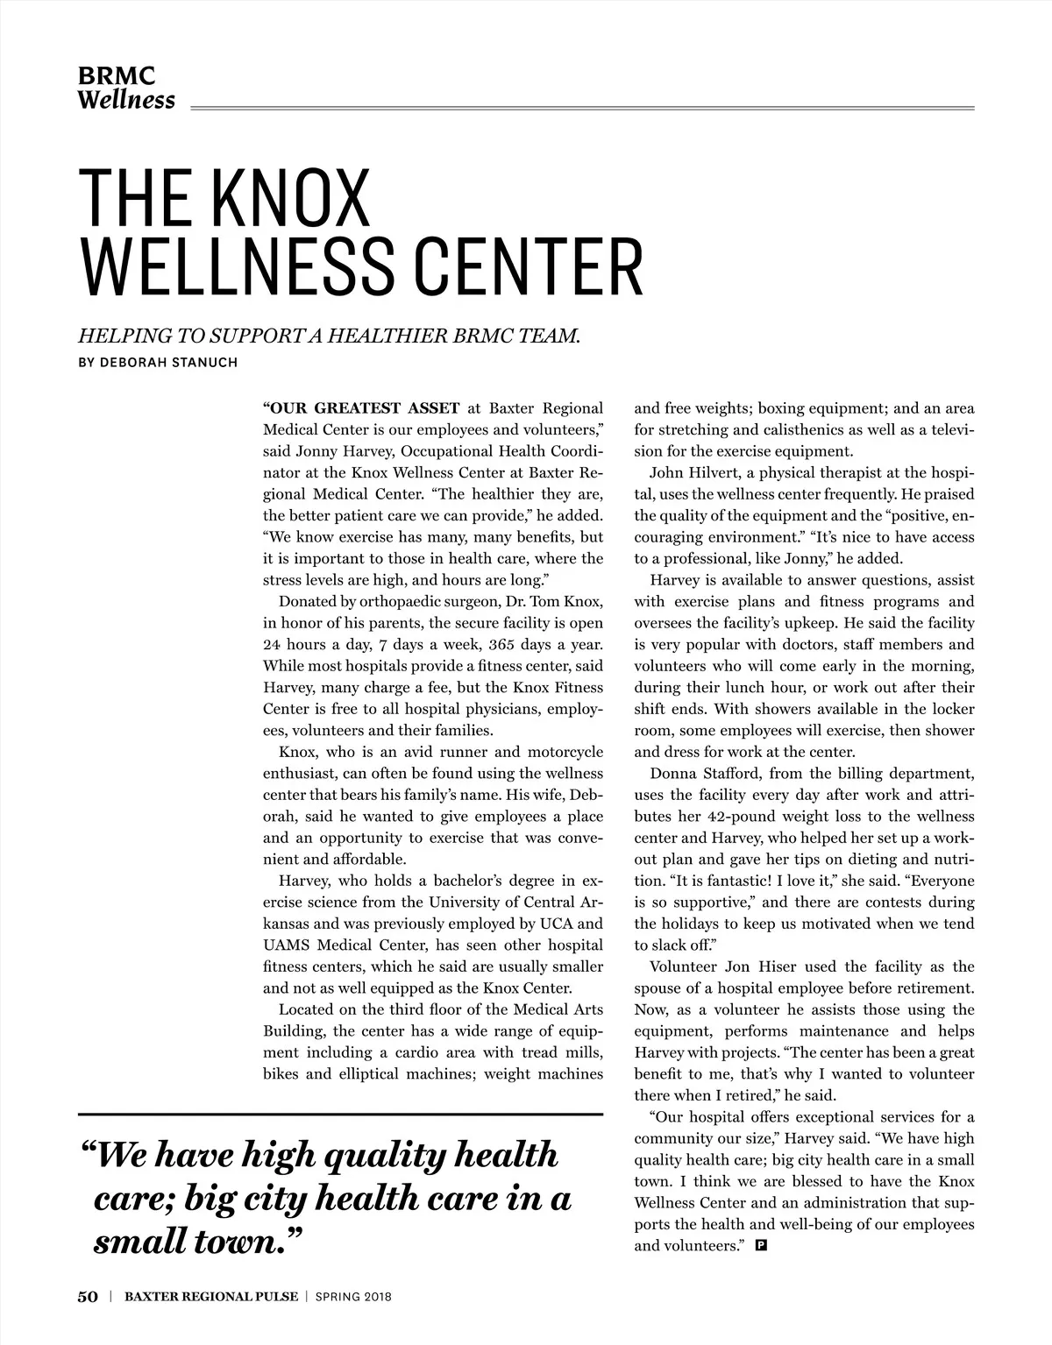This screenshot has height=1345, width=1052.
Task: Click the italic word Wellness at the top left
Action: click(x=126, y=100)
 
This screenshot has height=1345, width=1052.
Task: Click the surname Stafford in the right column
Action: click(x=736, y=774)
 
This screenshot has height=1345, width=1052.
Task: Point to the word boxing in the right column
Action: click(x=779, y=408)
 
